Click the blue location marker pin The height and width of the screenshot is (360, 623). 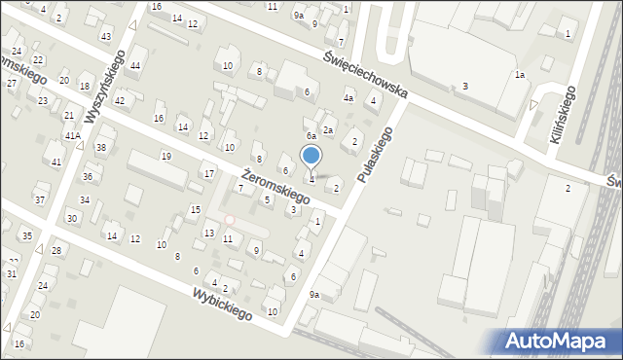tap(311, 156)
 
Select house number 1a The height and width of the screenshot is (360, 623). tap(520, 75)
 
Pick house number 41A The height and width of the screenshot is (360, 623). tap(72, 135)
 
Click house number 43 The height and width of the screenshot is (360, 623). tap(105, 36)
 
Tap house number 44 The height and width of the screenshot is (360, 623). tap(135, 65)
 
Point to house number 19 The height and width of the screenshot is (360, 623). tap(166, 156)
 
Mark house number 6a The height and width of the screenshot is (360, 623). tap(311, 136)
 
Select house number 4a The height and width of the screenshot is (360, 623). tap(348, 97)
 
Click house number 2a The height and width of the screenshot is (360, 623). tap(329, 129)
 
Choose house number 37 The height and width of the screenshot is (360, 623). tap(40, 199)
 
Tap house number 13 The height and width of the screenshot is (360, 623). tap(209, 233)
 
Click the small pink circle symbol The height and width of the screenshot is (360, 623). tap(230, 220)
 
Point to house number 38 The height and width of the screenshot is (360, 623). tap(100, 147)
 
